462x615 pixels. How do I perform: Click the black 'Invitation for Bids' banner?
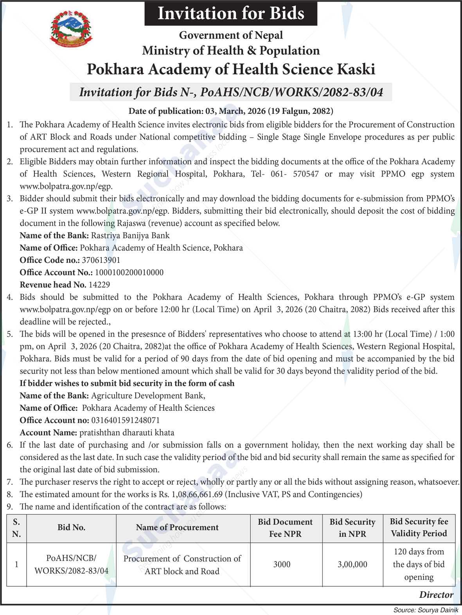231,13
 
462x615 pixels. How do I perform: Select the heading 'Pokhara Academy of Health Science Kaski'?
231,69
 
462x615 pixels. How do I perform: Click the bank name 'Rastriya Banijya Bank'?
130,236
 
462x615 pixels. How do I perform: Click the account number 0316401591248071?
125,420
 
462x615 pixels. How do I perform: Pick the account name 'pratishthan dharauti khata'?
127,433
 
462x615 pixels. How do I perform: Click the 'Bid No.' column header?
71,527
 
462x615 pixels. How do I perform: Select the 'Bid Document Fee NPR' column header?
285,527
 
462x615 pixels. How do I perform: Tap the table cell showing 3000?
282,564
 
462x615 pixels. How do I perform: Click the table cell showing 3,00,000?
352,564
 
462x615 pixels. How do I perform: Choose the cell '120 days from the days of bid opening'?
419,564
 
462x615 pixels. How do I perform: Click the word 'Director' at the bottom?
436,595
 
